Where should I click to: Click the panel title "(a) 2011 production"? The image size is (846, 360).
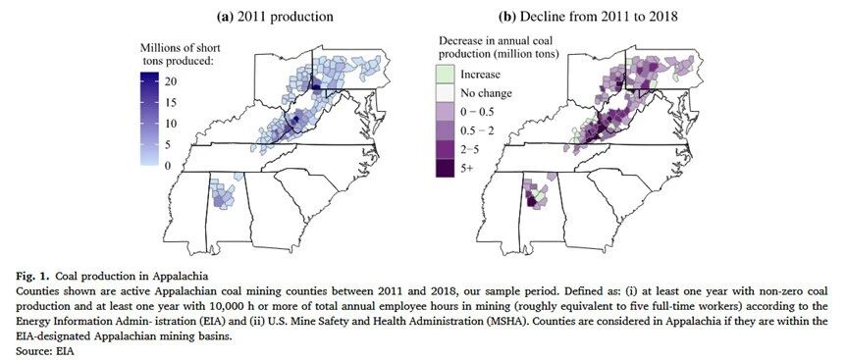[x=275, y=17]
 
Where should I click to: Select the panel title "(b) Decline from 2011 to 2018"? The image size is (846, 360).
[x=587, y=17]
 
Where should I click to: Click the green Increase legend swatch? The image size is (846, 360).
[x=446, y=75]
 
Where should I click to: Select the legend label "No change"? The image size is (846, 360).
[x=486, y=93]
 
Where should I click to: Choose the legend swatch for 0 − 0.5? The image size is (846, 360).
[x=446, y=112]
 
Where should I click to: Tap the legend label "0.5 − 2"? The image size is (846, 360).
[x=478, y=131]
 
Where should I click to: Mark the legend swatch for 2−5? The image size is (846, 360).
[x=446, y=149]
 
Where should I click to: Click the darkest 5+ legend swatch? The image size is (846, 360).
[x=446, y=168]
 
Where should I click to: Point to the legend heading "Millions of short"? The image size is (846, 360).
[x=181, y=47]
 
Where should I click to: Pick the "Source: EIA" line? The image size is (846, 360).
[x=44, y=351]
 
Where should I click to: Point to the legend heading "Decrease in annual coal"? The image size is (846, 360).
[x=495, y=41]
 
